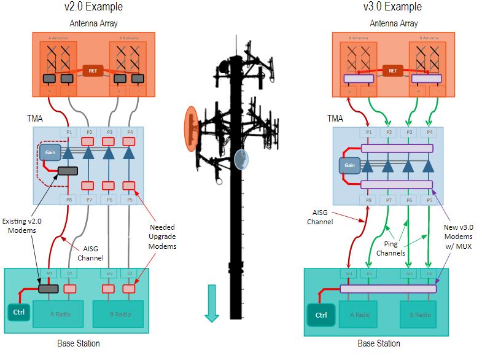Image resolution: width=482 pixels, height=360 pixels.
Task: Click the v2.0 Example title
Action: click(93, 7)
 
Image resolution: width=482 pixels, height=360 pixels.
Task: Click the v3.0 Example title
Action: click(393, 7)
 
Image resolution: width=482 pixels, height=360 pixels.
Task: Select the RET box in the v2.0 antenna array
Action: click(93, 70)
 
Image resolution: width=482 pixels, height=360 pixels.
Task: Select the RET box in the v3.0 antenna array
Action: click(393, 70)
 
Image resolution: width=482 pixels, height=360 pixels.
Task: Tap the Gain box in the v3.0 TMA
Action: click(349, 166)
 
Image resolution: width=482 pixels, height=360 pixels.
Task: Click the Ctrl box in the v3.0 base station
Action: click(321, 315)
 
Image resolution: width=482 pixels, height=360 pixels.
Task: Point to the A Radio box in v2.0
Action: click(60, 315)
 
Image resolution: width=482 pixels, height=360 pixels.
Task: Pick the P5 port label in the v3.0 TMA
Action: click(429, 200)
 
